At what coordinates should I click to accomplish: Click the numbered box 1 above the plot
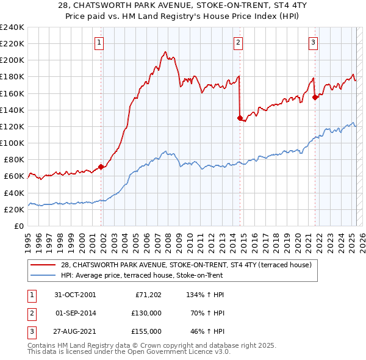click(x=99, y=42)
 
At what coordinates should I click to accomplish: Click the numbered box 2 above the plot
click(x=238, y=42)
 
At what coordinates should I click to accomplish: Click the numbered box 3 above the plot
click(x=313, y=42)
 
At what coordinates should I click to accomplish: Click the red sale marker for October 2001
click(x=101, y=167)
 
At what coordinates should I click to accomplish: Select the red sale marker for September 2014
click(x=240, y=118)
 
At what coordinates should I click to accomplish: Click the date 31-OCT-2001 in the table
click(x=74, y=295)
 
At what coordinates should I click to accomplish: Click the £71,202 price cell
click(x=148, y=295)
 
